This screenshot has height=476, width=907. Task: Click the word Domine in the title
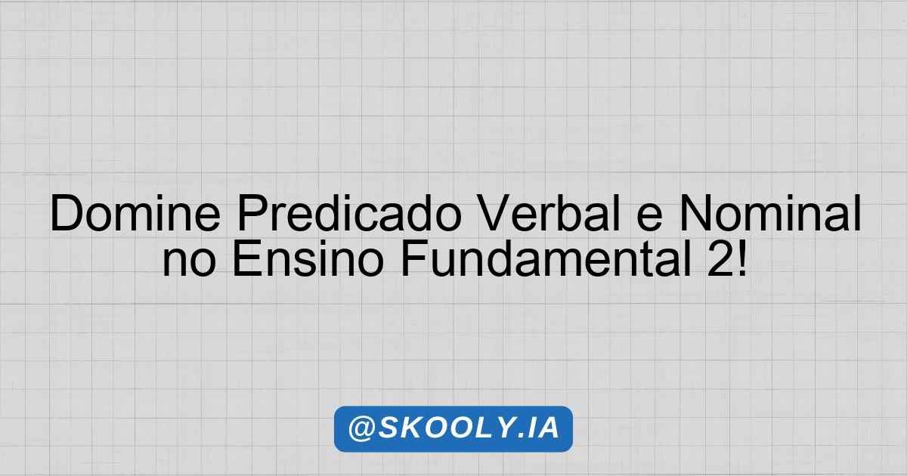(135, 213)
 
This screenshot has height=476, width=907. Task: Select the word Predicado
(349, 213)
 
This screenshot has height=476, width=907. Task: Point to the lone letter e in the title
(649, 218)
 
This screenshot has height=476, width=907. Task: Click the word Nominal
(770, 213)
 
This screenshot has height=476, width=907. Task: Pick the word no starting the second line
(189, 263)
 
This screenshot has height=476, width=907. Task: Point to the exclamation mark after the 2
(742, 258)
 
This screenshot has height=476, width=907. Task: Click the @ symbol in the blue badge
(361, 428)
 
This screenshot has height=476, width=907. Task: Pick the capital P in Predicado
(252, 213)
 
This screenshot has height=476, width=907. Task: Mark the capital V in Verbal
(495, 213)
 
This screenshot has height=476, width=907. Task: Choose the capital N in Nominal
(695, 213)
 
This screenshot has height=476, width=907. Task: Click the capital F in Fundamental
(414, 258)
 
